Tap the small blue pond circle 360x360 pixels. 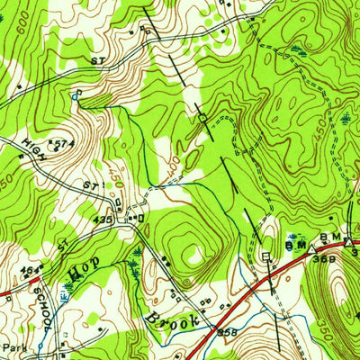[x=76, y=93]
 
